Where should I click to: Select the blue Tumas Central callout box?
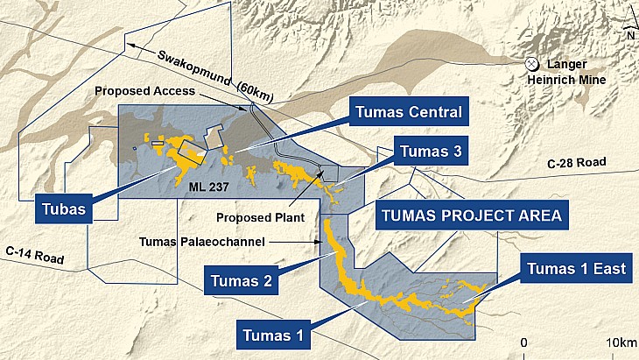408,112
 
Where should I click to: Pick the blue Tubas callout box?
66,209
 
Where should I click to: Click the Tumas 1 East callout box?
576,268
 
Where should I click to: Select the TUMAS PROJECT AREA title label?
469,214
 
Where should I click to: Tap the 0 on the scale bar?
523,342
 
